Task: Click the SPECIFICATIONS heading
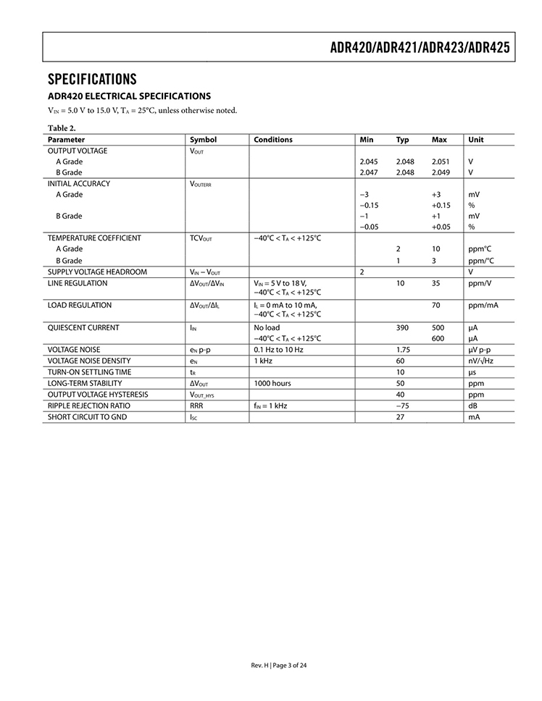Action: [92, 79]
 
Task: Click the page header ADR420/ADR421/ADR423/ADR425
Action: [420, 48]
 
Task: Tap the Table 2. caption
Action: [62, 128]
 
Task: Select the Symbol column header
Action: [203, 140]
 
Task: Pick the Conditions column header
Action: [273, 140]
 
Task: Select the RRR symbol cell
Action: [197, 406]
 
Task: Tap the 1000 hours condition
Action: [272, 383]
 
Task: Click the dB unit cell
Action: [473, 406]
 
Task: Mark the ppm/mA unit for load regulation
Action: [483, 305]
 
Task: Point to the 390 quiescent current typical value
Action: [402, 327]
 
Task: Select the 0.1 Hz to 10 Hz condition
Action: [278, 350]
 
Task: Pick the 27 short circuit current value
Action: [400, 417]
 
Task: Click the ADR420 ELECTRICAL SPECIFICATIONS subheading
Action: [129, 96]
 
